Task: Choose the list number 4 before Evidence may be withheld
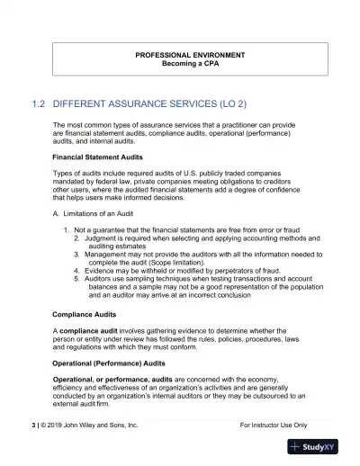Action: [76, 270]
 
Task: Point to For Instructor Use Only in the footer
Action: [274, 424]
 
